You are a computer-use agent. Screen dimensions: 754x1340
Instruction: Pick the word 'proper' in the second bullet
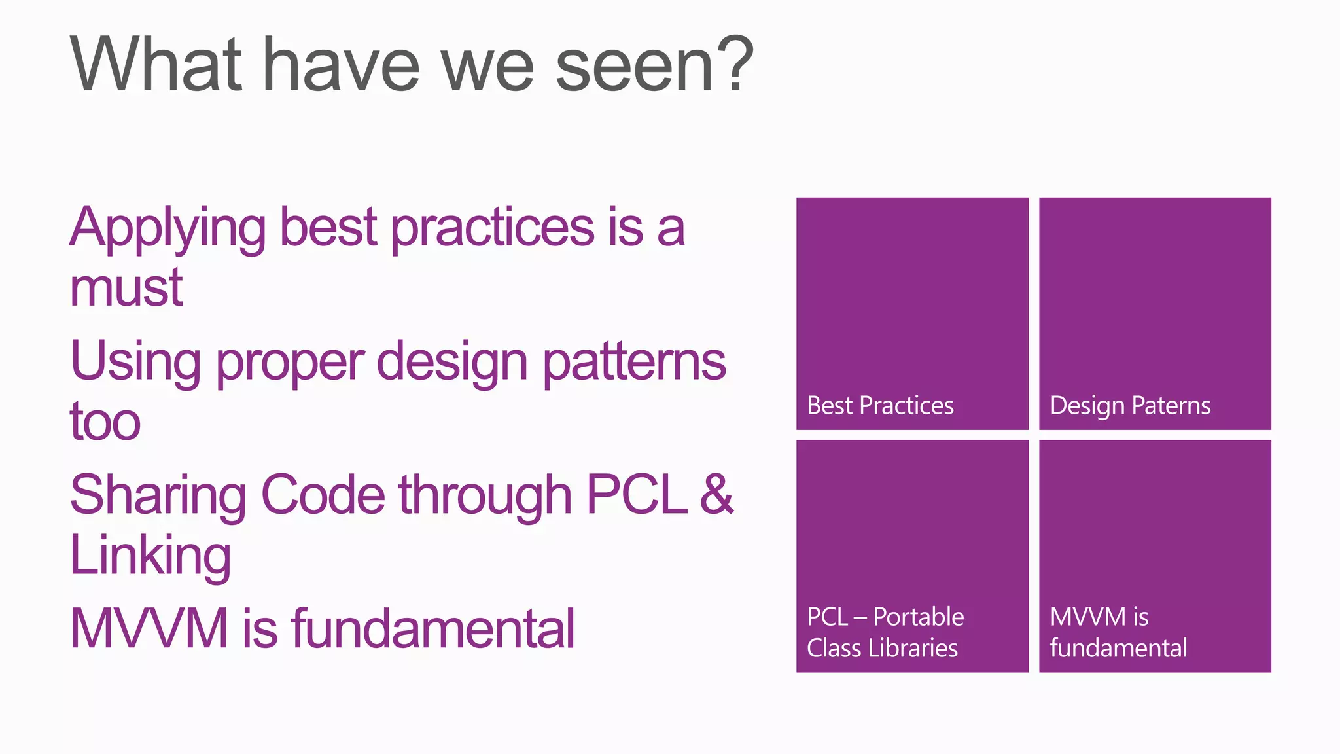(290, 364)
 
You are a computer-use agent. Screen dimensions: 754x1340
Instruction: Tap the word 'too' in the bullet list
(105, 422)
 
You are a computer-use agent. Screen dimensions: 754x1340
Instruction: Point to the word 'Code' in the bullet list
(323, 495)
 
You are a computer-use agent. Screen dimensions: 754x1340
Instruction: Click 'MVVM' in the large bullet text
(149, 629)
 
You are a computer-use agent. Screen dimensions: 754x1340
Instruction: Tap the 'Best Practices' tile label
(880, 406)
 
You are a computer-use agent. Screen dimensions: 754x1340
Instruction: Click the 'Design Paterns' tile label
(1130, 406)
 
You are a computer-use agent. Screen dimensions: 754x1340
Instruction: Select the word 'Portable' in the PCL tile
(918, 617)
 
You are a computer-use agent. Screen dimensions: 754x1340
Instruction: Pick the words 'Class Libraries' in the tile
(882, 648)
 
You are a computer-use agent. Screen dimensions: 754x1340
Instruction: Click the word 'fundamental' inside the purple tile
(1118, 648)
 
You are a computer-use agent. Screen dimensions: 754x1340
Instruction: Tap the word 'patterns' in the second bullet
(634, 364)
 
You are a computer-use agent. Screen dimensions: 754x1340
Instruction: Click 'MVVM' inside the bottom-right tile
(1087, 617)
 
